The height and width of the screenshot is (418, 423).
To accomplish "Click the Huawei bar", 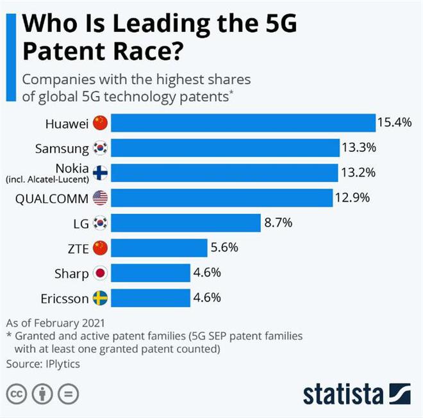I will coord(244,123).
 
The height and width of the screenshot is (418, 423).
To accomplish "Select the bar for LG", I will coord(186,223).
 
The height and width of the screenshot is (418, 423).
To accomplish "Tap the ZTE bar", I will coord(160,248).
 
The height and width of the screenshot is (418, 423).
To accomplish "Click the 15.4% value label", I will coord(394,122).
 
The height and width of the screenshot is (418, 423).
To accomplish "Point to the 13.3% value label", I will coord(359,148).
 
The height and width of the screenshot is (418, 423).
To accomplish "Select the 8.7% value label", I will coord(278,223).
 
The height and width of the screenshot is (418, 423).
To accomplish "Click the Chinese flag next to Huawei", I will coord(100,122).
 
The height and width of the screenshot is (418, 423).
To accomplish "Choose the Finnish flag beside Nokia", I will coord(100,173).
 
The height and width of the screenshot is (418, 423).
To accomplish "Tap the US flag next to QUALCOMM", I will coord(100,198).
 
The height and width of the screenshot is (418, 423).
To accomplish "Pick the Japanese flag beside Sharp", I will coord(100,273).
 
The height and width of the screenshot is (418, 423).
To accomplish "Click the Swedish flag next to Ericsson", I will coord(100,298).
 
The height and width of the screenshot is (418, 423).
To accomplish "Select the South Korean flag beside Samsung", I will coord(100,148).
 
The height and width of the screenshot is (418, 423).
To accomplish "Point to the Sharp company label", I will coord(71,273).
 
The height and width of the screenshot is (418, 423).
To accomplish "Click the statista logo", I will coord(356,393).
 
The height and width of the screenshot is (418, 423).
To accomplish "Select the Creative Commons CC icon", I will coord(17,393).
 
